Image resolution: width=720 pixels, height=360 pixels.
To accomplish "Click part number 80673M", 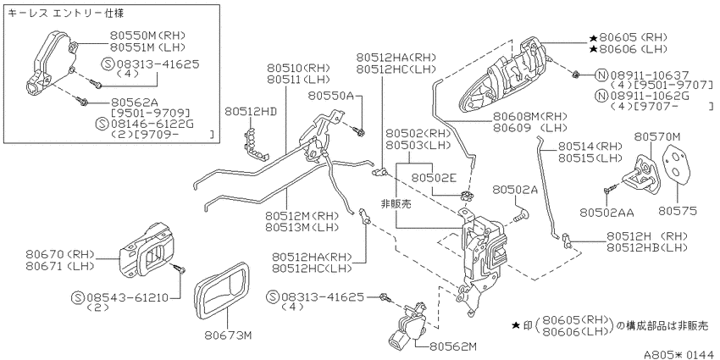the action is click(x=228, y=335).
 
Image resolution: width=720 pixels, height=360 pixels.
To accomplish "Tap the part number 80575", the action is click(x=678, y=211).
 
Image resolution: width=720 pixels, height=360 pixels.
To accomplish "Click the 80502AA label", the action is click(x=606, y=212).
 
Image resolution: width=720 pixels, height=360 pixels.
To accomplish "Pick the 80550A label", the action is click(x=330, y=96).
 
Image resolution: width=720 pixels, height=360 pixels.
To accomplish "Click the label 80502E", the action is click(x=434, y=177).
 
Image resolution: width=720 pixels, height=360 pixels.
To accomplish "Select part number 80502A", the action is click(x=515, y=189).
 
